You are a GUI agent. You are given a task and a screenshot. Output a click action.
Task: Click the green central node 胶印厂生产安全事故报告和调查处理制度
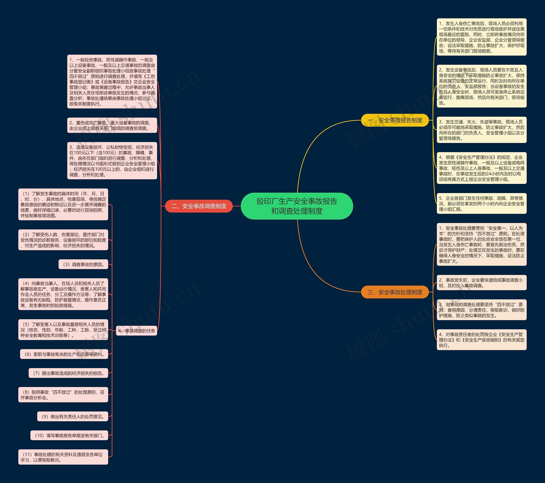click(x=297, y=206)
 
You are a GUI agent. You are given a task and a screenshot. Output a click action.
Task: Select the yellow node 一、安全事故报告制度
click(x=395, y=120)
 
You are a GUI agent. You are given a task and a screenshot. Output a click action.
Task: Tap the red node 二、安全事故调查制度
click(x=199, y=206)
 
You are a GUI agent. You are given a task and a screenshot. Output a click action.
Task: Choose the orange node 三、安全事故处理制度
click(x=395, y=292)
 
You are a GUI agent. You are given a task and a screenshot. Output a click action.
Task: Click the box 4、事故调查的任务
click(x=136, y=331)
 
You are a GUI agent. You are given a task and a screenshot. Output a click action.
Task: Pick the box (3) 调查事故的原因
click(x=83, y=264)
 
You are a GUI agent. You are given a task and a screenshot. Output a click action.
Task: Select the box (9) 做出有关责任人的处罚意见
click(x=73, y=416)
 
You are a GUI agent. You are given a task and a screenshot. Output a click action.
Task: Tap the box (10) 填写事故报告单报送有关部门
click(x=69, y=435)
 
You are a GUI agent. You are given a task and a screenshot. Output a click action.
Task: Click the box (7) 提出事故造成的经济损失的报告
click(x=69, y=373)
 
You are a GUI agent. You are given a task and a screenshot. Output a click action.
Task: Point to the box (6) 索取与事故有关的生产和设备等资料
click(x=64, y=354)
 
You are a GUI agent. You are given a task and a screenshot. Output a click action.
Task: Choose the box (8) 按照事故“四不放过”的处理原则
click(x=63, y=395)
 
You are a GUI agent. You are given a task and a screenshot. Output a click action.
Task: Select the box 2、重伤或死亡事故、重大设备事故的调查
click(x=112, y=125)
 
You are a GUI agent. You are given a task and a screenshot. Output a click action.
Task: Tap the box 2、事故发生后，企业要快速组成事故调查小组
click(x=482, y=282)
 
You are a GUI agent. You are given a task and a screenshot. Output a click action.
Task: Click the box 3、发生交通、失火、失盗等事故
click(x=482, y=130)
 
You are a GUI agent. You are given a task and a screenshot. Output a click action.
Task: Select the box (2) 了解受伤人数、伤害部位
click(x=63, y=240)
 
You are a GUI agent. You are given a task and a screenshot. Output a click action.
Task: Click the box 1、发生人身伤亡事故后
click(x=482, y=37)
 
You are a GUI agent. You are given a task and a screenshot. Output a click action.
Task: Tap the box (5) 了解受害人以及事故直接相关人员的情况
click(x=63, y=330)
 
